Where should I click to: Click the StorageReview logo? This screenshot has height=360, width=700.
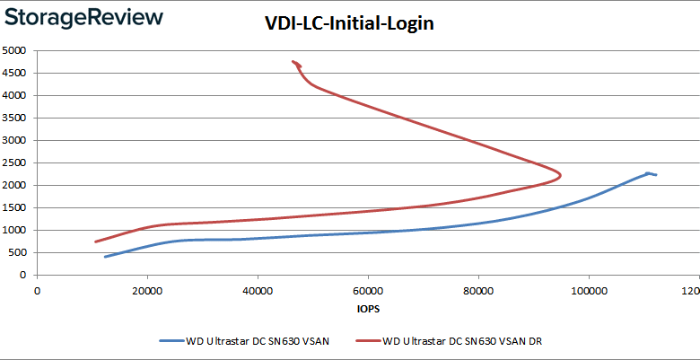click(83, 17)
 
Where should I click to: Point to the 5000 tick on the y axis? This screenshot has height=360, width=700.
click(16, 50)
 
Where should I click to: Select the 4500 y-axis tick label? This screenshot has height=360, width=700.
click(16, 73)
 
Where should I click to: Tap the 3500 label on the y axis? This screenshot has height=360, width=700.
click(16, 118)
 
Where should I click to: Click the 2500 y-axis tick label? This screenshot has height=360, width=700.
click(16, 162)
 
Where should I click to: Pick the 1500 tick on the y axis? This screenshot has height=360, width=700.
click(16, 207)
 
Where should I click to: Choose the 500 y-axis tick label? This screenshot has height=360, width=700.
click(19, 252)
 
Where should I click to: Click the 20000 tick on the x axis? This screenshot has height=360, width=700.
click(147, 290)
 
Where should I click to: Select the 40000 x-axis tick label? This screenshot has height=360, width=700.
click(258, 290)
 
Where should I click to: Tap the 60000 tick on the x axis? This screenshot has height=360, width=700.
click(368, 290)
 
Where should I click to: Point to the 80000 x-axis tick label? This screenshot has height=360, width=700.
click(478, 290)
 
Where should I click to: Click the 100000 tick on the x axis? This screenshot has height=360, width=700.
click(589, 290)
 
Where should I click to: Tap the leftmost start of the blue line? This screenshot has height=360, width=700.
click(105, 257)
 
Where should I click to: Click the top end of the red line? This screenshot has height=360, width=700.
click(293, 62)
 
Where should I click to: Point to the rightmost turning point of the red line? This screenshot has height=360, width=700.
click(561, 175)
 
